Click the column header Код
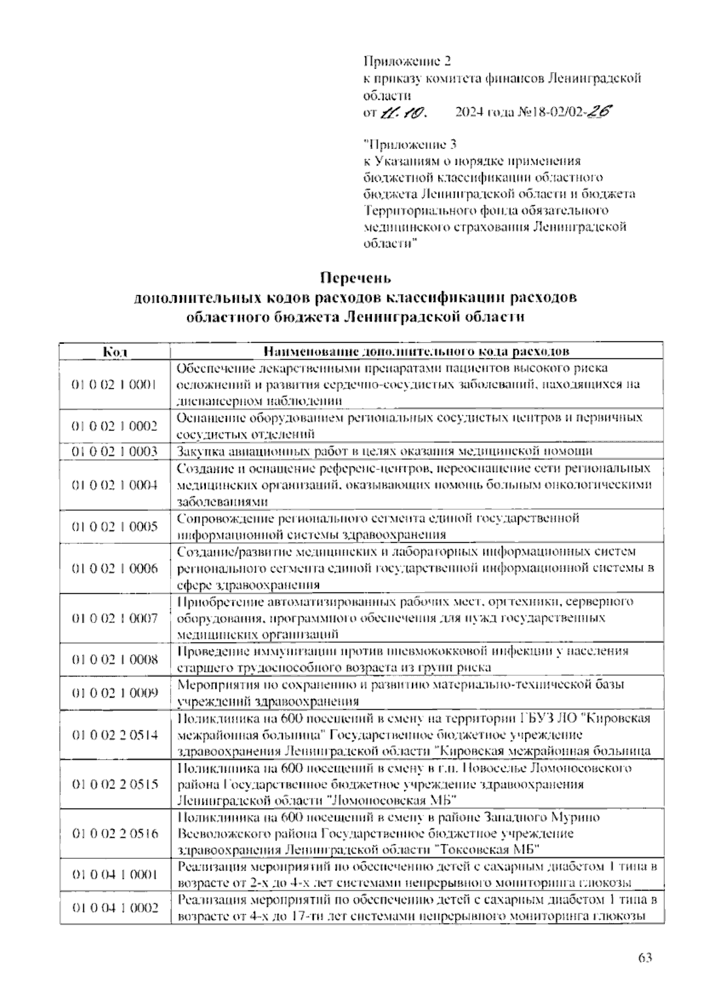(115, 352)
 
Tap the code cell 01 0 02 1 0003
(115, 451)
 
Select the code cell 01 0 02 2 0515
(115, 784)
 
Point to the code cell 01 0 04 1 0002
(115, 908)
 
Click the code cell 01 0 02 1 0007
(115, 618)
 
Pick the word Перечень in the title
(356, 277)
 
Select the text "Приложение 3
(409, 144)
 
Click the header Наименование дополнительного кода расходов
(417, 352)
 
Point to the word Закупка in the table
(197, 451)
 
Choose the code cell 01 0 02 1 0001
(115, 384)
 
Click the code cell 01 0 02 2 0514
(115, 734)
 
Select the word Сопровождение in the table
(219, 518)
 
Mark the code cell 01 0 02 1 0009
(115, 693)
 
